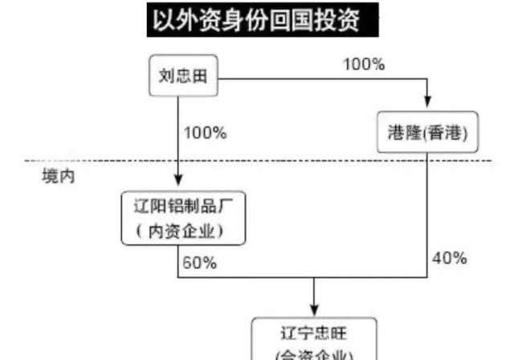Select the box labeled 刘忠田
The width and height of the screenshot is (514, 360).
pyautogui.click(x=183, y=77)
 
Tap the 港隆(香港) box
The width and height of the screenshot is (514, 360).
pyautogui.click(x=427, y=133)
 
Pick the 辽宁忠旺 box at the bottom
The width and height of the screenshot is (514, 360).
pyautogui.click(x=314, y=341)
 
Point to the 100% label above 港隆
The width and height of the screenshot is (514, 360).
pyautogui.click(x=363, y=63)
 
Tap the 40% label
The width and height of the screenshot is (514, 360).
pyautogui.click(x=449, y=258)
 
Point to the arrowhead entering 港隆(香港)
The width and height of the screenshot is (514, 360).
pyautogui.click(x=427, y=104)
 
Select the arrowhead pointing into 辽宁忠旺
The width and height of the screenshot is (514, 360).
pyautogui.click(x=314, y=310)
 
